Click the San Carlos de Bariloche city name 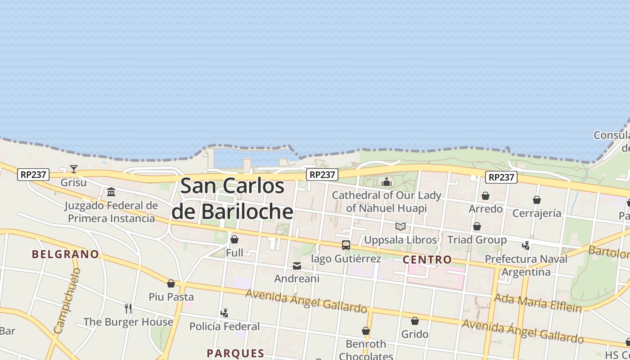click(x=232, y=198)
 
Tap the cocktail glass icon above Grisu click(x=74, y=169)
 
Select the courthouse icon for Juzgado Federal click(x=111, y=192)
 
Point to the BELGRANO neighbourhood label click(x=65, y=254)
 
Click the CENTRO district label click(x=427, y=259)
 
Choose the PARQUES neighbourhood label click(x=235, y=353)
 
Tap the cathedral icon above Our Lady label click(x=386, y=182)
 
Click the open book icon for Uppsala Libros click(x=400, y=226)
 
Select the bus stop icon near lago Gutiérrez click(x=346, y=245)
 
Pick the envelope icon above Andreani click(x=297, y=266)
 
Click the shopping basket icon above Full click(x=234, y=239)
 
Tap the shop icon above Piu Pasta click(x=171, y=283)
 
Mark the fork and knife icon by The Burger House click(x=128, y=308)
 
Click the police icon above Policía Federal click(x=224, y=313)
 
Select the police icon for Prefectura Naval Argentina click(x=526, y=246)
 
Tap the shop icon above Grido click(x=414, y=321)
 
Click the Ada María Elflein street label click(x=538, y=303)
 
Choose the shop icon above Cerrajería click(x=536, y=199)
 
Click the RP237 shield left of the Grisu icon click(x=33, y=174)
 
